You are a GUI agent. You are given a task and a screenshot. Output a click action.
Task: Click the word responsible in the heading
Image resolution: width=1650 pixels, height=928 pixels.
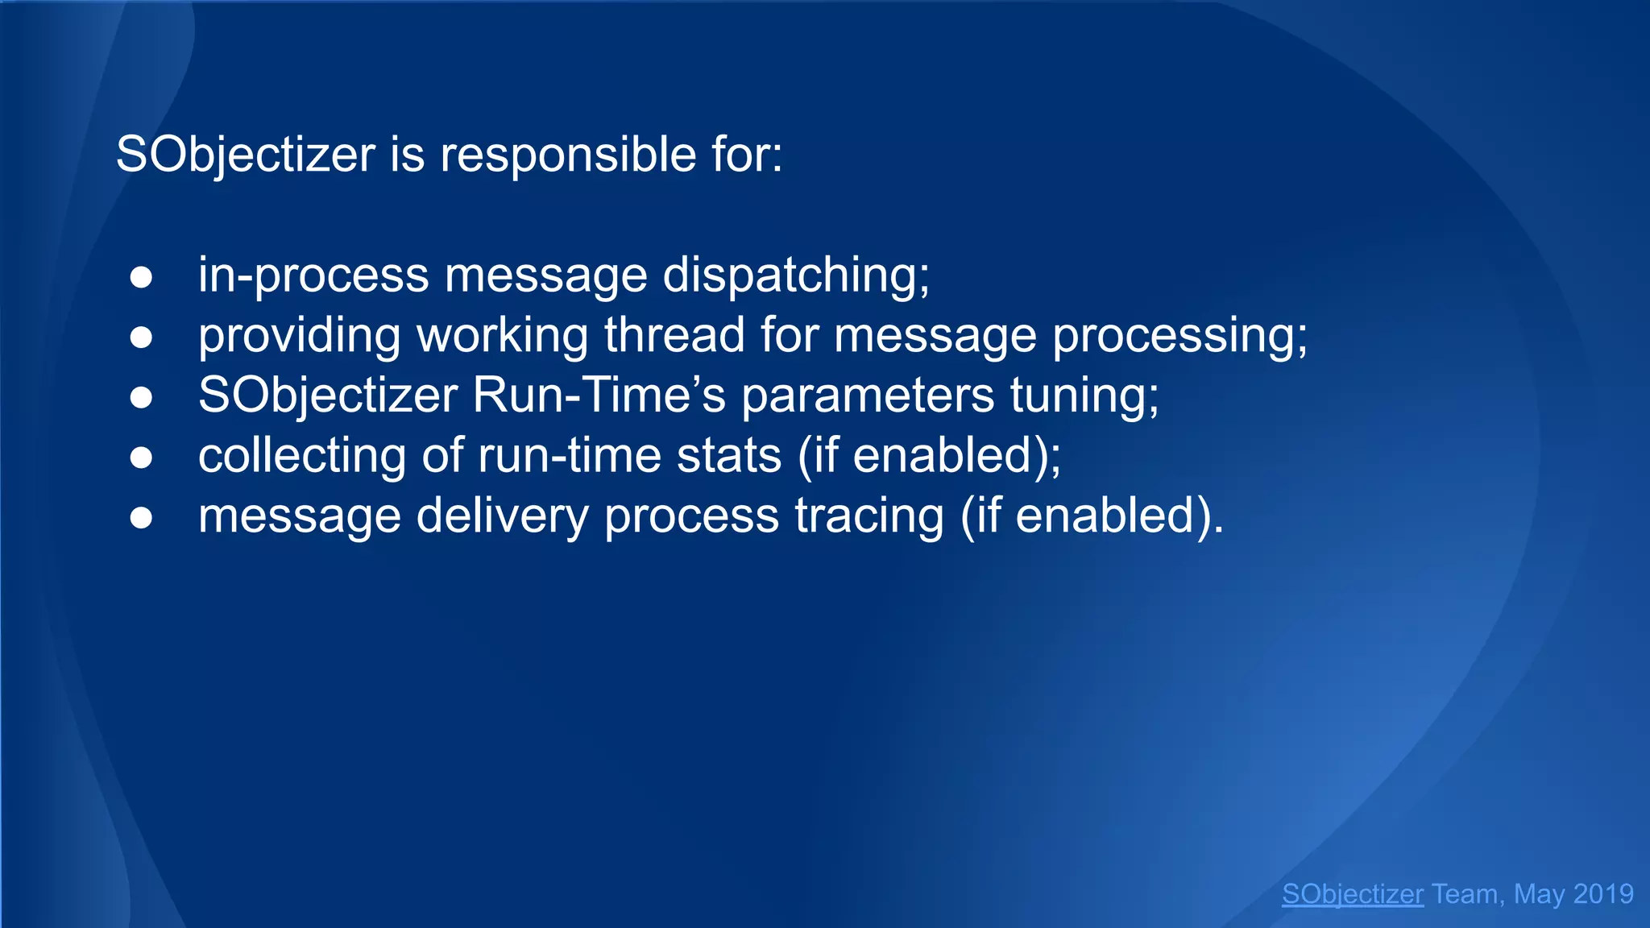pos(568,155)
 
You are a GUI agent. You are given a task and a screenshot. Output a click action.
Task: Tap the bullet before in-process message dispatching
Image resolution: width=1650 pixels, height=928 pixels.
pos(141,277)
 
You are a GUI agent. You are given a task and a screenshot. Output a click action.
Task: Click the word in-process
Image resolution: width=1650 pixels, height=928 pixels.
pos(313,275)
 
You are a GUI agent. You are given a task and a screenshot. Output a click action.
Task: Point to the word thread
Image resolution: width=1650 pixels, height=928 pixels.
pos(674,335)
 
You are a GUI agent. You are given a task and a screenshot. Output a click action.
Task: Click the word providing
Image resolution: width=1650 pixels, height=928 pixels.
pos(299,335)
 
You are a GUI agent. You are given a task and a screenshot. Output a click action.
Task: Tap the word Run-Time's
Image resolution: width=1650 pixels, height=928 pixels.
pos(599,396)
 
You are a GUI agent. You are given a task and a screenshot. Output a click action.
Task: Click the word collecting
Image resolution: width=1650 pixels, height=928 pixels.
pos(302,456)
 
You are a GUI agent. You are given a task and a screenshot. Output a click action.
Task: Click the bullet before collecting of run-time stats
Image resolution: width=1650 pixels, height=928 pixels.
pos(141,458)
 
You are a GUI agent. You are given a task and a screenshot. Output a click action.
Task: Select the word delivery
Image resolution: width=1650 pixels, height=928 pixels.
pos(503,516)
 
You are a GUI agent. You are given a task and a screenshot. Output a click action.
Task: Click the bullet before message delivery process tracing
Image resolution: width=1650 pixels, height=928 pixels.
pos(141,518)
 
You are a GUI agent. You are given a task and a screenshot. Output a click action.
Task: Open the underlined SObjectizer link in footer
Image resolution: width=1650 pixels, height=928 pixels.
pos(1353,894)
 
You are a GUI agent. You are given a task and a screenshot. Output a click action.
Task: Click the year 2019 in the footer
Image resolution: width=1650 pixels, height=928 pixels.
pos(1602,894)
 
